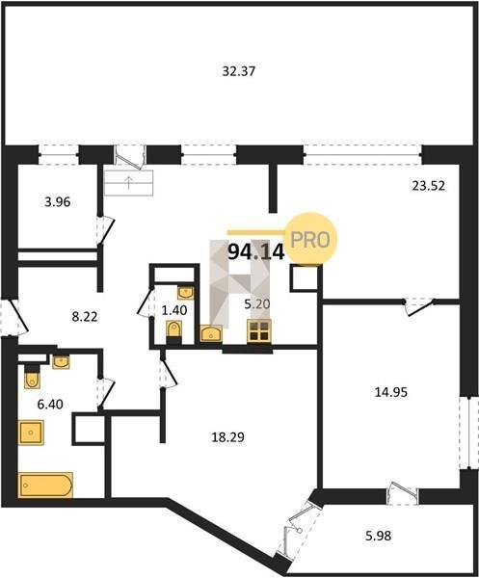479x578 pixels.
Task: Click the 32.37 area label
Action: pos(239,70)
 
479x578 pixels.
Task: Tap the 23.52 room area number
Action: pos(429,185)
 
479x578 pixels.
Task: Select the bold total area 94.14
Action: pos(256,252)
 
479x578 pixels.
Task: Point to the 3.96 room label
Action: pos(58,202)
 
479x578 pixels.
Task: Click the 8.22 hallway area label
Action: pos(85,317)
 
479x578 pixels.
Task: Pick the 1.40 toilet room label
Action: pos(174,310)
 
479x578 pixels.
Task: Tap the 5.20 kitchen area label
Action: pos(257,304)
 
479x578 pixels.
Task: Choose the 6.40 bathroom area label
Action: pos(50,405)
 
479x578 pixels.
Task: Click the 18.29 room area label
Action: pos(227,437)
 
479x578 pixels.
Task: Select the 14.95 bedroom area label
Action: pos(391,392)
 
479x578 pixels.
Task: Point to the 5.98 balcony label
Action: pos(379,536)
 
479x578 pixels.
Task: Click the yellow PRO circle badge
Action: pos(311,239)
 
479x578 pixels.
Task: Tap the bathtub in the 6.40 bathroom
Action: pos(45,485)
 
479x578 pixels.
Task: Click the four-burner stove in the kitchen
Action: pos(259,330)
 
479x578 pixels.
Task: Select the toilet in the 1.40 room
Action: pos(174,330)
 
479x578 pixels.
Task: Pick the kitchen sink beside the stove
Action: pos(211,333)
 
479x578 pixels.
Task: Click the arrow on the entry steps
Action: pos(129,182)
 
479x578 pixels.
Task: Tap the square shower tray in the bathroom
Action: pos(31,433)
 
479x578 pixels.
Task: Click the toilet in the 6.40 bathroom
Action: pos(32,376)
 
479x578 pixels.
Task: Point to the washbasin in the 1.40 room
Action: pos(185,293)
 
